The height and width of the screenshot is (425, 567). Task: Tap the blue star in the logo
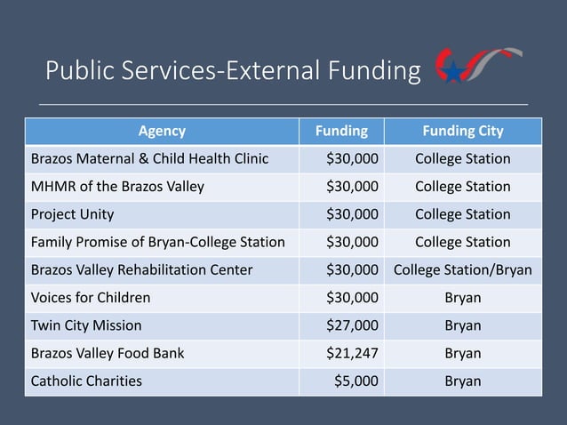coord(452,72)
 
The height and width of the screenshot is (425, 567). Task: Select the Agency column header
coord(162,132)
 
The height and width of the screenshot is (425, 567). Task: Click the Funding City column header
coord(462,132)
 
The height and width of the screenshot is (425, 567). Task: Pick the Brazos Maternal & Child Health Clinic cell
coord(149,159)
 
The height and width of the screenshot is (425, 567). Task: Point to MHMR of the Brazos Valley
coord(117,187)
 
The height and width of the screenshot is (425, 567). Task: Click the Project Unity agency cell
coord(72,214)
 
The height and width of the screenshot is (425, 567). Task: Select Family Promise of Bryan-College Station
coord(158,242)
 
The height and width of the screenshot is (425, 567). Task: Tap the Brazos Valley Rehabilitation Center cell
coord(141,269)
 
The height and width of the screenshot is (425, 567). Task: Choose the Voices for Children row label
coord(91,297)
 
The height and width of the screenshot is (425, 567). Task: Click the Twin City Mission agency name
coord(86,325)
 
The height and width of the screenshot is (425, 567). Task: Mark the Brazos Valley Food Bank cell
coord(108,353)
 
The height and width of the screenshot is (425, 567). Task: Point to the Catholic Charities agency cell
coord(86,381)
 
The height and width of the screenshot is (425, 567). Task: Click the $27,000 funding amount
coord(353,325)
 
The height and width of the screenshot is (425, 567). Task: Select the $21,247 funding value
coord(353,353)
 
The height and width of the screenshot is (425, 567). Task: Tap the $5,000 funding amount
coord(356,381)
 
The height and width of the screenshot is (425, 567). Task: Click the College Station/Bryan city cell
coord(463,269)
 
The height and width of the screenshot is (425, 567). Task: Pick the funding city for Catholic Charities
coord(462,381)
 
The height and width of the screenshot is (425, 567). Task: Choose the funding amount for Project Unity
coord(353,214)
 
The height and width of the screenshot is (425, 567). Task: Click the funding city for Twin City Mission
coord(462,325)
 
